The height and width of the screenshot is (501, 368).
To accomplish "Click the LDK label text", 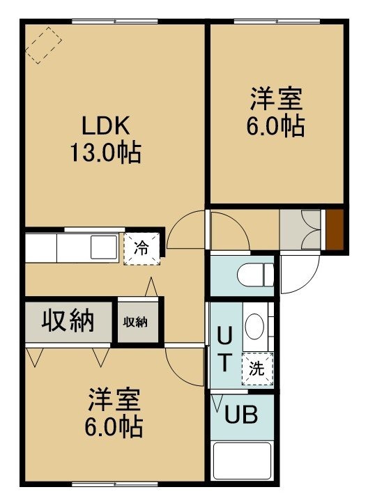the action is tap(106, 126).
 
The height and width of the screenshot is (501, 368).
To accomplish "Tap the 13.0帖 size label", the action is tap(106, 153).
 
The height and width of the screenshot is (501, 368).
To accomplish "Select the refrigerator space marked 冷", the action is tap(141, 248).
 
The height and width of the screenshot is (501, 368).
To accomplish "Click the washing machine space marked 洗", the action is tap(257, 369).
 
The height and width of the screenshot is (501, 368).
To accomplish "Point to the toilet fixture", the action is tap(256, 274).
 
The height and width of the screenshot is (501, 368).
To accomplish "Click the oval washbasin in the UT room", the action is tap(254, 326).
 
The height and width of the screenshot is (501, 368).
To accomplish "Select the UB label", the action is tap(241, 415).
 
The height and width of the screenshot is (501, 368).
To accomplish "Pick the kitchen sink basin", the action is tap(104, 247).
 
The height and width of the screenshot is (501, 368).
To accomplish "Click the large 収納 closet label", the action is tap(68, 321).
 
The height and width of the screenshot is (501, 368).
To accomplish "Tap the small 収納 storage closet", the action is tap(138, 322).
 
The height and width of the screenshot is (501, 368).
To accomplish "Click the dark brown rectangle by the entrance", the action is tap(335, 229).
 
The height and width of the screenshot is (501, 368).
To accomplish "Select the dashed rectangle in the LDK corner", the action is tap(43, 45).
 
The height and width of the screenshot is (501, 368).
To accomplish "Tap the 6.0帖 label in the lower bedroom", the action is tap(114, 427).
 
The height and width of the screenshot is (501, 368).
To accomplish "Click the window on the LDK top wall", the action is tap(115, 22).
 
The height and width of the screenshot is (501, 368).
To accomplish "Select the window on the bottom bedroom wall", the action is tap(115, 484).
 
